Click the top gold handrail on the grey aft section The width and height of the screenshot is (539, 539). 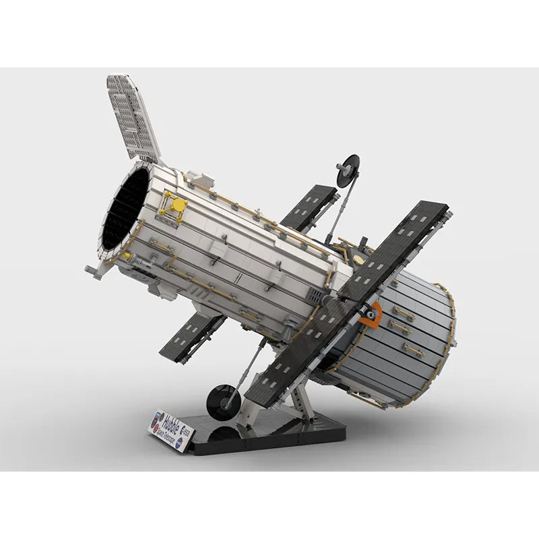click(404, 313)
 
